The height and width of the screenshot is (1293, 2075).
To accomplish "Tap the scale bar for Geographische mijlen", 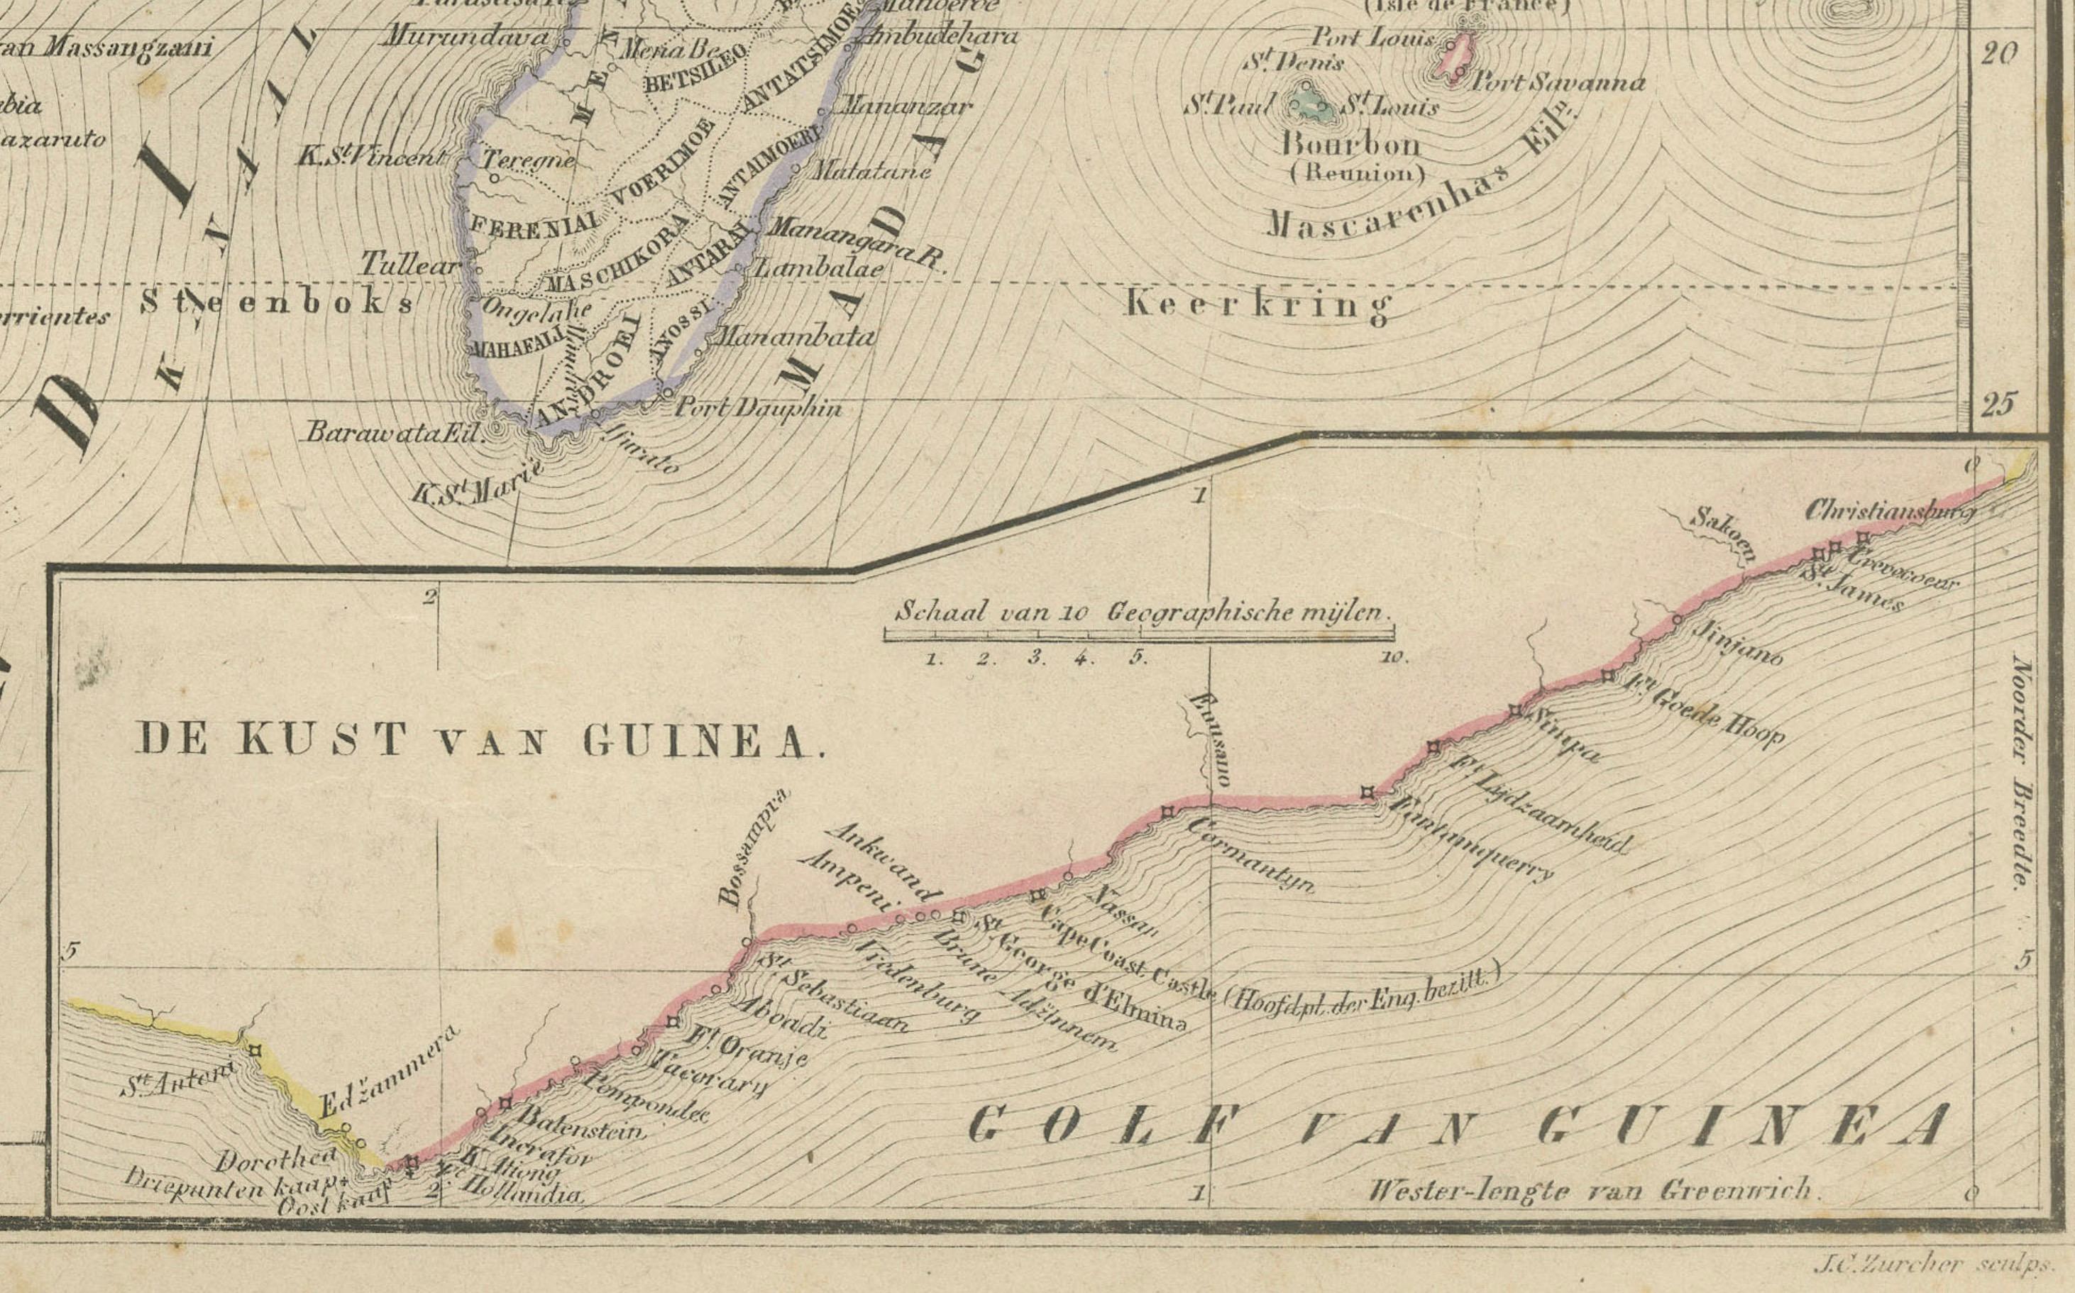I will pyautogui.click(x=1139, y=634).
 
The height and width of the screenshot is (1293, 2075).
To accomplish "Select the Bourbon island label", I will pyautogui.click(x=1351, y=143).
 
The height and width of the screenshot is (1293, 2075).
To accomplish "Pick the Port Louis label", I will pyautogui.click(x=1372, y=38).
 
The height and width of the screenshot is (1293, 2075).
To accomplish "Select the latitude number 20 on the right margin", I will pyautogui.click(x=1999, y=54).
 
